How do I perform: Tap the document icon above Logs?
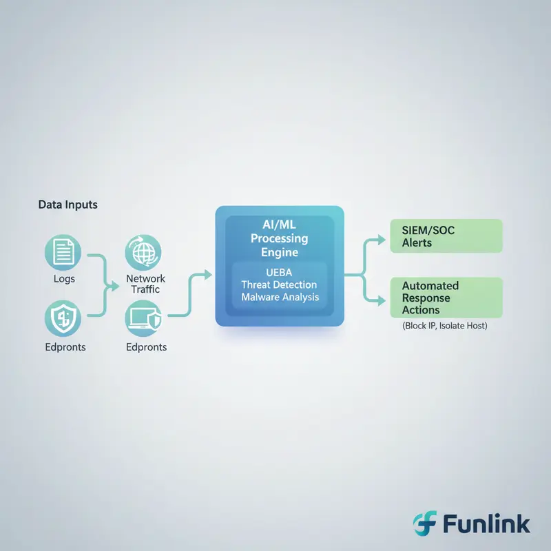pos(63,251)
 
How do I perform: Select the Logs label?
pos(63,278)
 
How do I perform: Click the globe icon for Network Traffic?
pos(143,252)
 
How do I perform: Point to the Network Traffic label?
pos(146,284)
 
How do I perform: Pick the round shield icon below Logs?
pos(63,318)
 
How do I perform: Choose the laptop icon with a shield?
pos(144,318)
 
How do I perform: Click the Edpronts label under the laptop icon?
pos(146,346)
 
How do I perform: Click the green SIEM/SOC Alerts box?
pos(446,236)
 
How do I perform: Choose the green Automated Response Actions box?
pos(446,297)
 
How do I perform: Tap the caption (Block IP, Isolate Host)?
pos(445,325)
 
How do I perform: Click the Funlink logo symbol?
pos(424,524)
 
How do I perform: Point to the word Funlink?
pos(486,524)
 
